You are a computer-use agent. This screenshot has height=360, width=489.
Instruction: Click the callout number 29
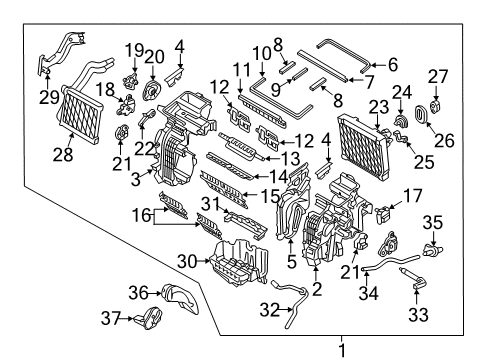coord(49,97)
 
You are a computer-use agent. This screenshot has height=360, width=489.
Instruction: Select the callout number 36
coord(138,293)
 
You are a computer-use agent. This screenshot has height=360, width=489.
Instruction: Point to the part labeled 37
coord(149,318)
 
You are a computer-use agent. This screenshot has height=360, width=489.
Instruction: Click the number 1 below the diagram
coord(342,351)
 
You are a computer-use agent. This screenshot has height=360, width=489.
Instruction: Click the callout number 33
coord(418,314)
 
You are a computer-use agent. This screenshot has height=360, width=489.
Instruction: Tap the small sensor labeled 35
coord(432,250)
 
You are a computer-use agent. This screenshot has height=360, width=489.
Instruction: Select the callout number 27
coord(438,77)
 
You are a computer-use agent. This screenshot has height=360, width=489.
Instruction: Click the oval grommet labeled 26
coord(422,114)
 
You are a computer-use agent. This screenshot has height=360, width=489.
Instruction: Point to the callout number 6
coord(393,65)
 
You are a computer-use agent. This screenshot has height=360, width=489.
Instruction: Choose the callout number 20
coord(154,57)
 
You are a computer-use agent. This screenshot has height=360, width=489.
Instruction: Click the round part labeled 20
coord(152,89)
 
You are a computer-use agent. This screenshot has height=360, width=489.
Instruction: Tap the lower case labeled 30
coord(239,262)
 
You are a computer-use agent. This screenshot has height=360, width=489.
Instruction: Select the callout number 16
coord(142,215)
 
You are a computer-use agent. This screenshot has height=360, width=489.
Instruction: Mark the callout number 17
coord(413,196)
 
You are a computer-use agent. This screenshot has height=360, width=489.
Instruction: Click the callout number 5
coord(291,262)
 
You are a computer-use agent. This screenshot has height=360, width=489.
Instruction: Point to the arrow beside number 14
coord(262,176)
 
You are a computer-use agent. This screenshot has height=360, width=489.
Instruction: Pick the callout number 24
coord(401,92)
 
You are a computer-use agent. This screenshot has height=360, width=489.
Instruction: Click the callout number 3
coord(135,180)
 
